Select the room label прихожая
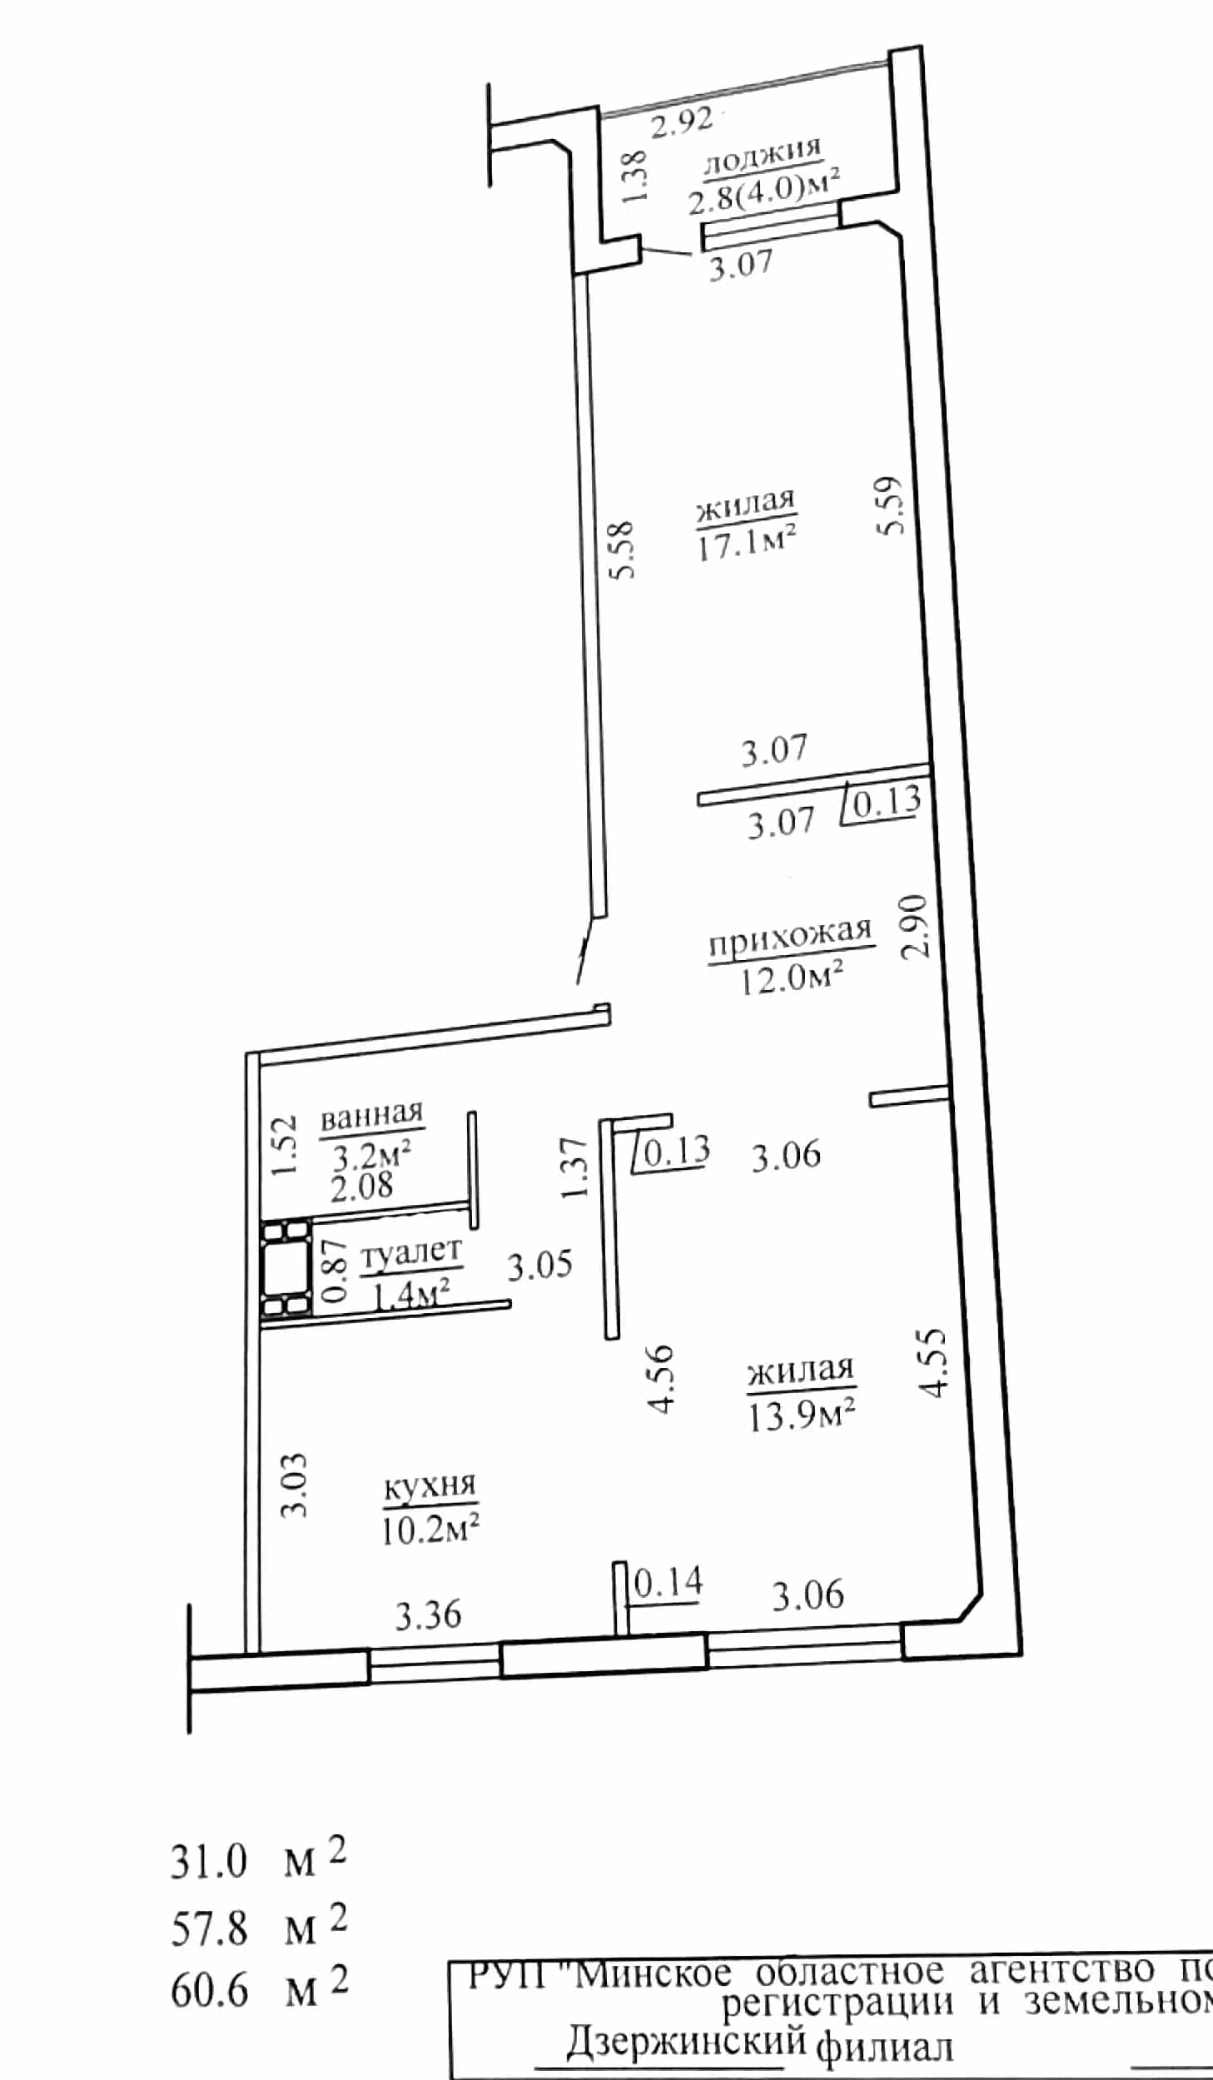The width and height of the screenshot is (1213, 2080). click(x=789, y=938)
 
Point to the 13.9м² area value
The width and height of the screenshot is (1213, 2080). click(x=802, y=1413)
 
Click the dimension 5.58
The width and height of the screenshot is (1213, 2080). click(x=622, y=550)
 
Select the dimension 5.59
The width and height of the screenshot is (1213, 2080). click(x=889, y=505)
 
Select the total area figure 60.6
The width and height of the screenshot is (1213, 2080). click(x=209, y=1991)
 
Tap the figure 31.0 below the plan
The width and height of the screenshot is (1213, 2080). click(x=209, y=1862)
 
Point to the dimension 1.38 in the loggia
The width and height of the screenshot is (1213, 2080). click(x=634, y=176)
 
